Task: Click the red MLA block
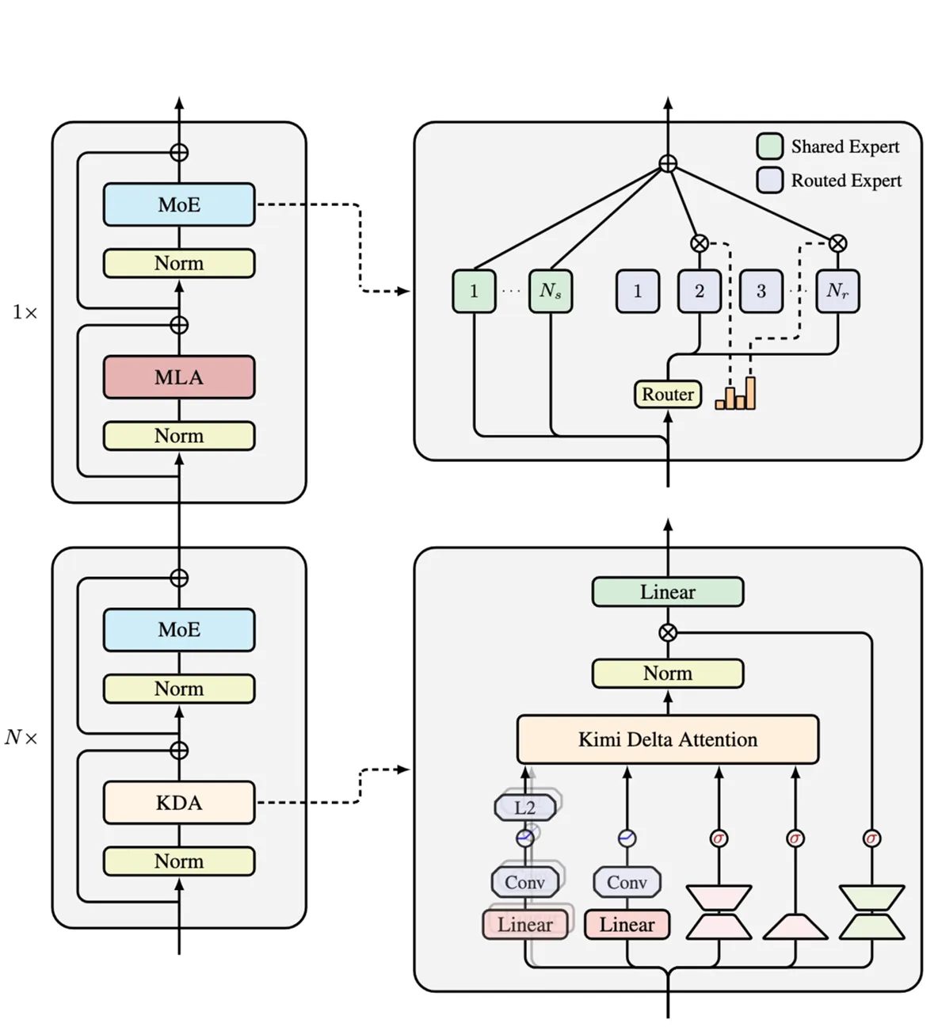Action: pyautogui.click(x=179, y=377)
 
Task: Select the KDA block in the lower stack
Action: pyautogui.click(x=179, y=803)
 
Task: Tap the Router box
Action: pyautogui.click(x=668, y=394)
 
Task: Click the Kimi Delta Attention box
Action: pyautogui.click(x=668, y=739)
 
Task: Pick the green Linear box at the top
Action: pyautogui.click(x=668, y=592)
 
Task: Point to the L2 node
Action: pyautogui.click(x=525, y=808)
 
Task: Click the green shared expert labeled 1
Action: pyautogui.click(x=474, y=291)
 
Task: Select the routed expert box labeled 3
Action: pyautogui.click(x=761, y=291)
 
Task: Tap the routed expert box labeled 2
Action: pyautogui.click(x=700, y=291)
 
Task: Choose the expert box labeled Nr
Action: pyautogui.click(x=837, y=291)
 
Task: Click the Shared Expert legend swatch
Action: pyautogui.click(x=770, y=147)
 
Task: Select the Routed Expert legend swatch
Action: pyautogui.click(x=770, y=181)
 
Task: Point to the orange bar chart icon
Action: pyautogui.click(x=736, y=394)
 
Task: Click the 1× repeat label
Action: pyautogui.click(x=25, y=312)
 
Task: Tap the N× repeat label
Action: pyautogui.click(x=21, y=738)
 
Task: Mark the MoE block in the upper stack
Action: pyautogui.click(x=179, y=204)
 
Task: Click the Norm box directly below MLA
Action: pyautogui.click(x=179, y=436)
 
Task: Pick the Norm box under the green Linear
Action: pyautogui.click(x=668, y=674)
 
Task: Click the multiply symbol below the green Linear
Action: pyautogui.click(x=668, y=632)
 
